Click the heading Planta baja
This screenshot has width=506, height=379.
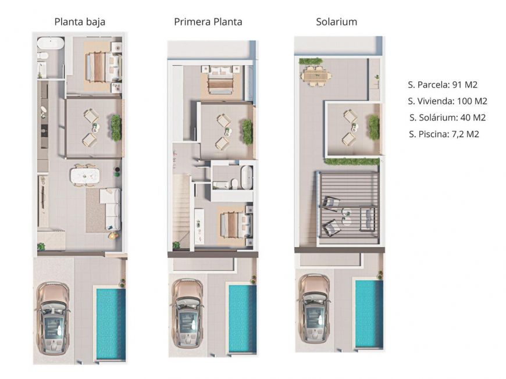[80, 22]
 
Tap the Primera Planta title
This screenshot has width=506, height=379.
[208, 22]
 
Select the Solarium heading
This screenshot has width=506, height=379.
[336, 22]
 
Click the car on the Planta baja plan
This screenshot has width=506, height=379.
[54, 319]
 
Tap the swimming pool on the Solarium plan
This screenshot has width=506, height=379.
[369, 314]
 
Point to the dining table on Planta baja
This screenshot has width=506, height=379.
[84, 175]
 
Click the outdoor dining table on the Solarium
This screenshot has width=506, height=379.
[316, 76]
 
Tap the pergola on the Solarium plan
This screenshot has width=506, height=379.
[348, 206]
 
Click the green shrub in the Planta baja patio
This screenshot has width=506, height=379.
[116, 127]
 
